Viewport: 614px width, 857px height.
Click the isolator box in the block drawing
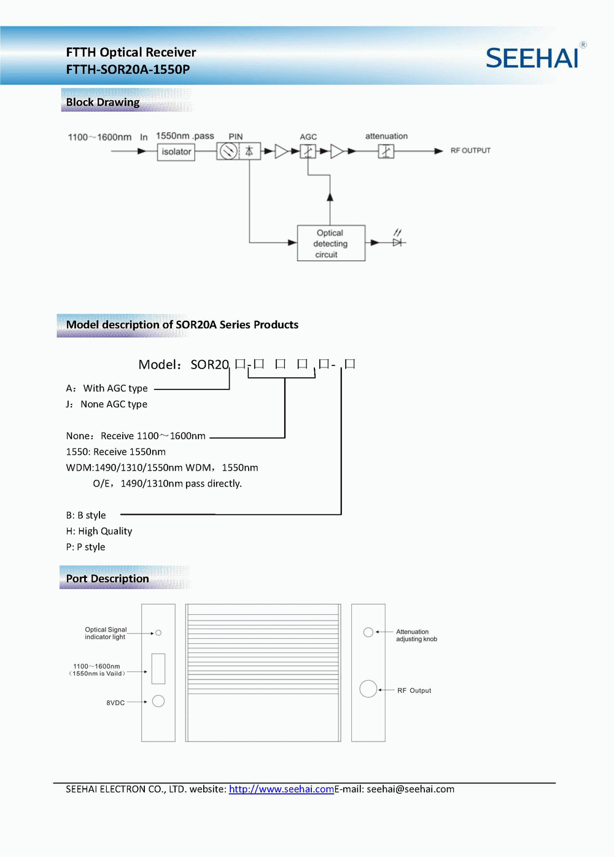[x=176, y=152]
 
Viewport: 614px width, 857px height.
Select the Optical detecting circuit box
[x=331, y=243]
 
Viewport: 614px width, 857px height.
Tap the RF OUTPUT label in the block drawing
[x=470, y=151]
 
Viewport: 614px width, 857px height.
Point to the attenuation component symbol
[x=386, y=151]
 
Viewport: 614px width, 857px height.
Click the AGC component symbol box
[x=308, y=151]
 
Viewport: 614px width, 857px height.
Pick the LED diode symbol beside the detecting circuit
[x=397, y=242]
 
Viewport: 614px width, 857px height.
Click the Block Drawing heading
[x=103, y=102]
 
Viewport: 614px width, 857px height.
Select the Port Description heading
[x=107, y=579]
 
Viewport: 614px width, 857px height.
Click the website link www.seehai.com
[x=281, y=789]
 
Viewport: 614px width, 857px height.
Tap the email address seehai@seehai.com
[x=410, y=789]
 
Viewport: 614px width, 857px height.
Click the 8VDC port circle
[x=158, y=701]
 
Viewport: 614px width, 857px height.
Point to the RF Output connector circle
[x=368, y=689]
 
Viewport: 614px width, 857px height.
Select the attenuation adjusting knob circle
[x=368, y=632]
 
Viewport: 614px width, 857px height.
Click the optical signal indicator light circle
[x=158, y=633]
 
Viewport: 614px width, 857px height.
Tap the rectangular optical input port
[x=158, y=668]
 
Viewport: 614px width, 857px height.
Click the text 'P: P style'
[x=85, y=547]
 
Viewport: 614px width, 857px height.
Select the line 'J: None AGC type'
[x=107, y=404]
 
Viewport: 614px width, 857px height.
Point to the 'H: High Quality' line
[x=99, y=531]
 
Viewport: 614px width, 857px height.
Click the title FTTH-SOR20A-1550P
[x=128, y=69]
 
